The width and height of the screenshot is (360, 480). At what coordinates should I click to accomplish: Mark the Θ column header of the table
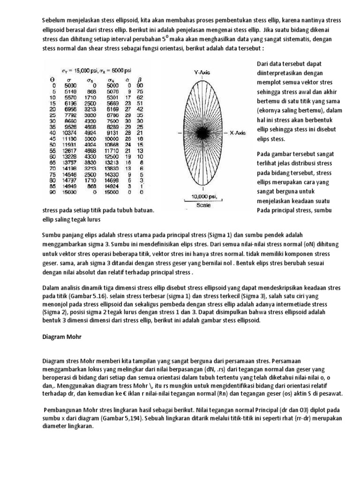click(52, 80)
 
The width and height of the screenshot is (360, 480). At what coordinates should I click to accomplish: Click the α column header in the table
click(129, 80)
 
